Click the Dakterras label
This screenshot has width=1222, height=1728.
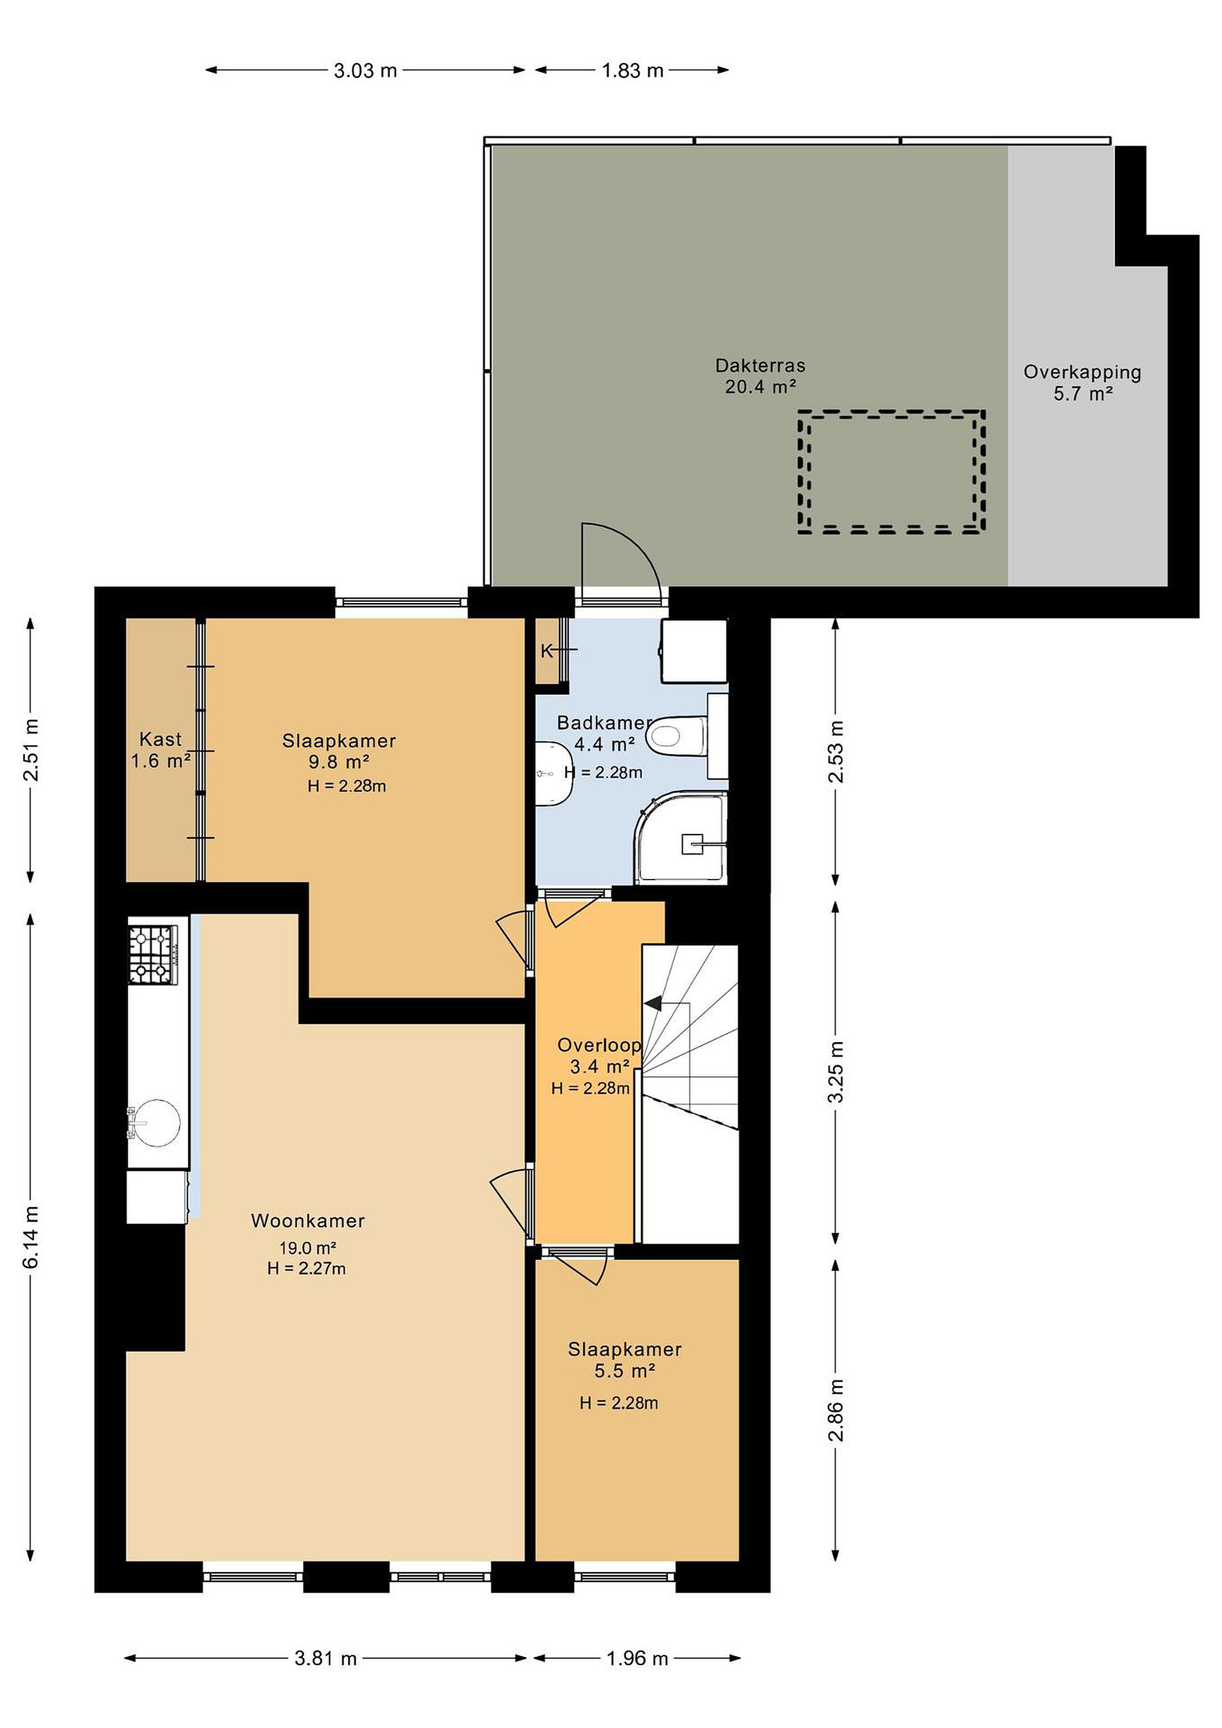click(x=760, y=366)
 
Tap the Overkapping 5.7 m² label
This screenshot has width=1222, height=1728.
click(x=1082, y=382)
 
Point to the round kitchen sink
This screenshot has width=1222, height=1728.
click(x=155, y=1122)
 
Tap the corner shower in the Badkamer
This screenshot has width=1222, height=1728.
click(x=681, y=836)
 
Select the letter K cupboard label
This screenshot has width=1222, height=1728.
click(x=547, y=651)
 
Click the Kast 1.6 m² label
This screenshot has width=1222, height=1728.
click(x=160, y=751)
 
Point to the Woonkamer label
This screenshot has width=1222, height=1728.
click(x=308, y=1221)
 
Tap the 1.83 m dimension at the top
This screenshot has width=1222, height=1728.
click(x=633, y=71)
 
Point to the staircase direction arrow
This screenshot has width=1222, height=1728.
click(x=651, y=1003)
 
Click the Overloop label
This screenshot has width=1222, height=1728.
click(x=599, y=1045)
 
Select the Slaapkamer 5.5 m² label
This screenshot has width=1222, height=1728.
click(x=624, y=1360)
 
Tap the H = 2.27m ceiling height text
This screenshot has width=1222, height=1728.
click(x=307, y=1269)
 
